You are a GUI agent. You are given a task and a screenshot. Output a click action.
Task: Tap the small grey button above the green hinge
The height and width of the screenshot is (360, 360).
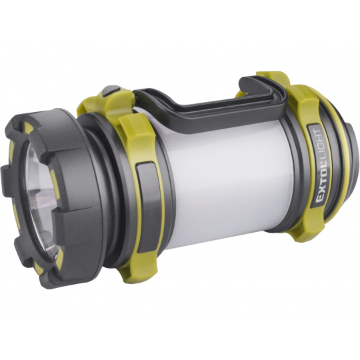coord(111,90)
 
